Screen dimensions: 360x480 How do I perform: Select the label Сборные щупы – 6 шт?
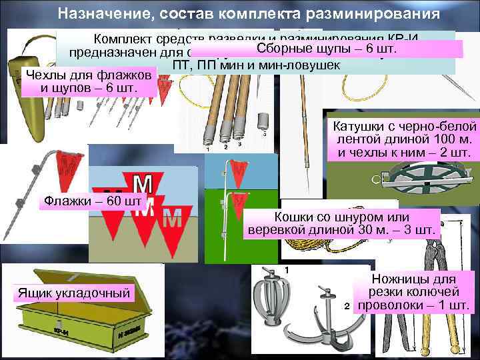326,49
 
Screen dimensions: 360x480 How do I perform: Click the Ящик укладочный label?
73,292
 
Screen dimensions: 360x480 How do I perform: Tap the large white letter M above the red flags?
141,184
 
